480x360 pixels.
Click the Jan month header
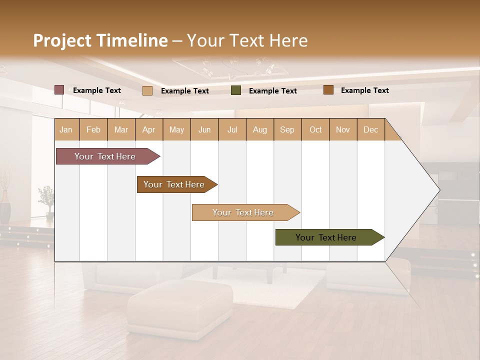[x=66, y=129]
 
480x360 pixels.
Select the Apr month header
[x=148, y=129]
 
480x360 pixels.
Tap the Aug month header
[x=259, y=129]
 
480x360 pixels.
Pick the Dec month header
[x=370, y=129]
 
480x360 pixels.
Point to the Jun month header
[x=204, y=129]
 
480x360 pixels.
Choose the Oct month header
[x=315, y=129]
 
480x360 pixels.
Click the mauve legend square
[x=59, y=90]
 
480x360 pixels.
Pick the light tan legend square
[x=147, y=90]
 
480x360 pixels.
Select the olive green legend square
[x=236, y=90]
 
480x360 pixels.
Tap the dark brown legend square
[x=328, y=90]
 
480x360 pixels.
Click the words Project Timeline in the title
[x=100, y=40]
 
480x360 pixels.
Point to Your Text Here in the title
[x=247, y=40]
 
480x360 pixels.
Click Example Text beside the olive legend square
[x=272, y=91]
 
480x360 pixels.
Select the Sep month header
[x=287, y=129]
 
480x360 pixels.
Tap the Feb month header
[x=93, y=129]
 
